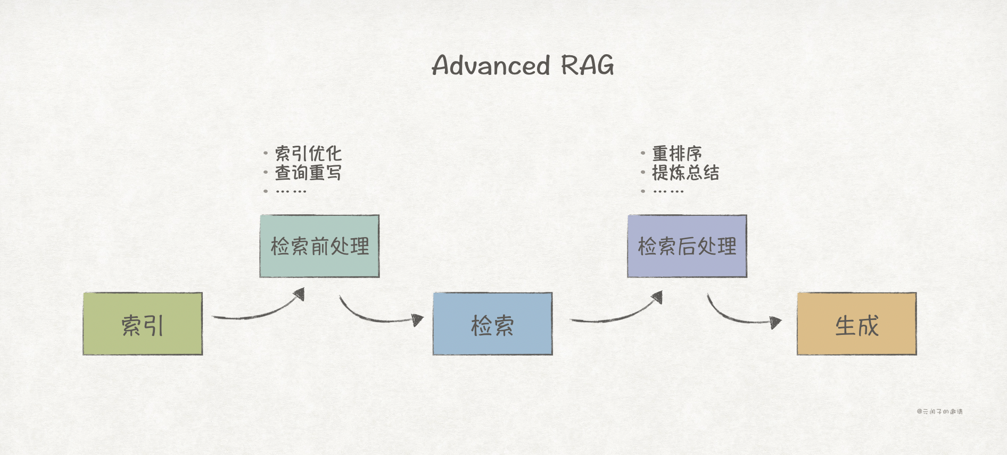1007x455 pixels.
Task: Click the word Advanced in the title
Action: coord(490,65)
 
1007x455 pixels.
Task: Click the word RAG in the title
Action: coord(587,65)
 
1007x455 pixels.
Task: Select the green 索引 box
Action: coord(143,324)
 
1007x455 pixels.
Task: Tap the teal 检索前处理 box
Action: coord(319,246)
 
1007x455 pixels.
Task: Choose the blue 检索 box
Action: coord(492,324)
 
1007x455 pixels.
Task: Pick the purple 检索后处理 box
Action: coord(687,246)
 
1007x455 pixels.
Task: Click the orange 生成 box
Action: coord(856,324)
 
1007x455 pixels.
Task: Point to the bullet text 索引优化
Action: coord(308,154)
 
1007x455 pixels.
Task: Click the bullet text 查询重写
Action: coord(308,173)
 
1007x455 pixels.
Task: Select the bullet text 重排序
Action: coord(677,154)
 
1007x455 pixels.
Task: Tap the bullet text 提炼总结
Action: coord(686,173)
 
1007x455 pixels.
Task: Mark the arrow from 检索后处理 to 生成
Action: coord(742,315)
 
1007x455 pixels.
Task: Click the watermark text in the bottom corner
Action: coord(939,411)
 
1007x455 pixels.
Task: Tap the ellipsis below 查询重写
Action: coord(291,191)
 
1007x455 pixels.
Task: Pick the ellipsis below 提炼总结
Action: coord(668,191)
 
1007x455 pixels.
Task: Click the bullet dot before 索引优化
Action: coord(266,153)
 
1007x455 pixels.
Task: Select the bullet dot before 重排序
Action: coord(643,153)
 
